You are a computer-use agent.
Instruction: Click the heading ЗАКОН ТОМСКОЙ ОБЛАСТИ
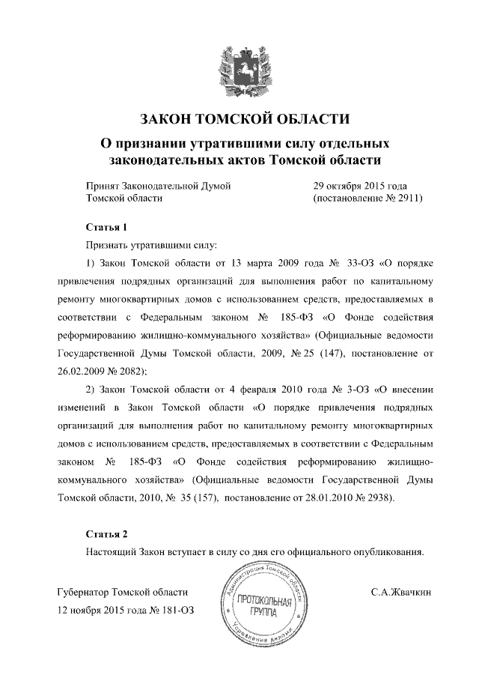coord(239,119)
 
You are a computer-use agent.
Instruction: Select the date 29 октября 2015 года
coord(360,185)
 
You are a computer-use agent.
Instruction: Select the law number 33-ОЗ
coord(361,264)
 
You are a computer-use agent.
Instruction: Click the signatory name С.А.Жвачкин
coord(401,592)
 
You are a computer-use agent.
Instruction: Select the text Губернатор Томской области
coord(122,592)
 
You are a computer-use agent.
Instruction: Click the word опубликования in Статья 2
coord(386,553)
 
